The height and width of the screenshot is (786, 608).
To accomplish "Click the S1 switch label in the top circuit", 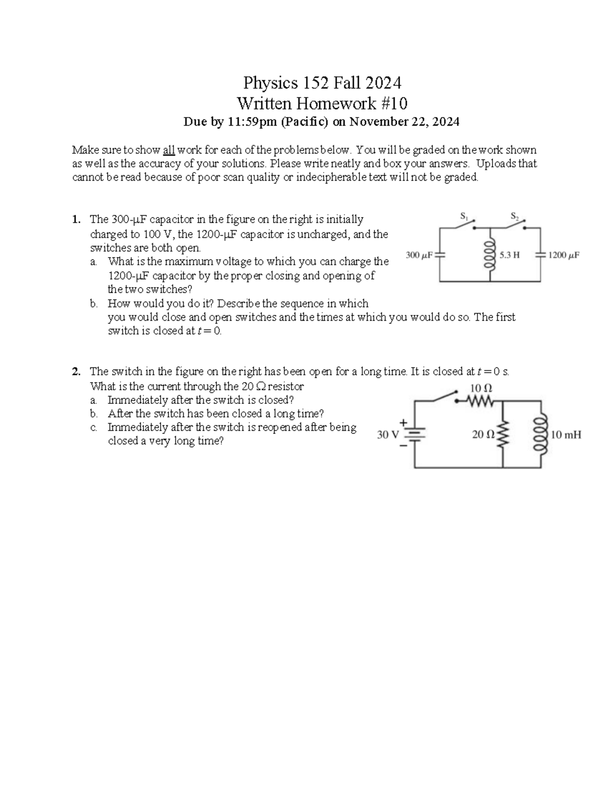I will (463, 216).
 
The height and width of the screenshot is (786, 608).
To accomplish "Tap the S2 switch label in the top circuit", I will (514, 217).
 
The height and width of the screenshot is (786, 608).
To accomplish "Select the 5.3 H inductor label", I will (510, 255).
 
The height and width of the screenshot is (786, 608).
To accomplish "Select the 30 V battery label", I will (389, 435).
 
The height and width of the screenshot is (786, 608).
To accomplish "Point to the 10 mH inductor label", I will (566, 434).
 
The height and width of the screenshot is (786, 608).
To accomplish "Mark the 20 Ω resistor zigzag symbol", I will (503, 434).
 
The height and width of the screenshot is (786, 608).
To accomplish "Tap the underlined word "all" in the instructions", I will (169, 150).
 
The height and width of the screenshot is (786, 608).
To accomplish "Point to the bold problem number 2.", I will (75, 372).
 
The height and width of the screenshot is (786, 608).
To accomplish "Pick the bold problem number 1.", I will (75, 220).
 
